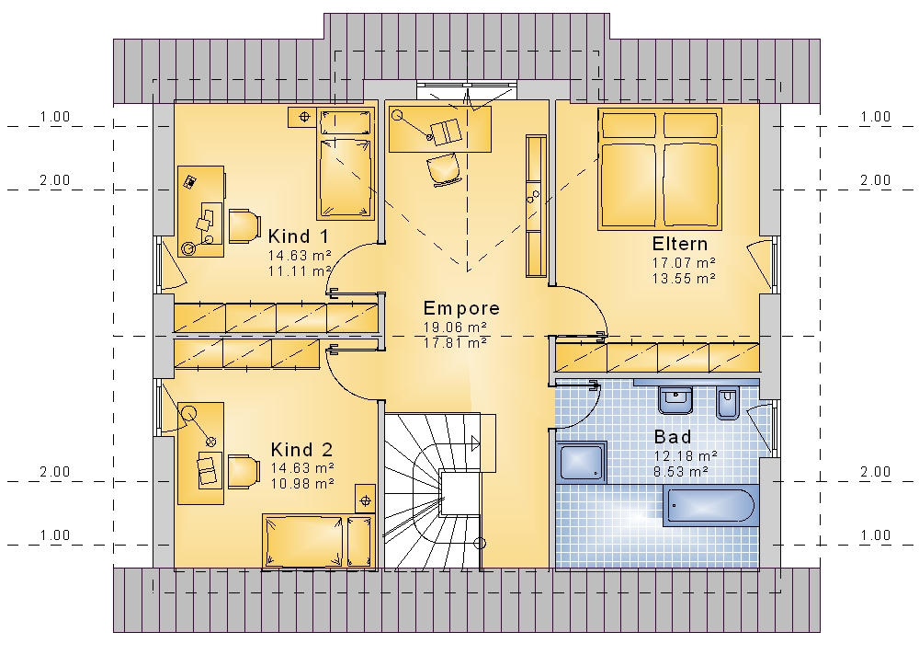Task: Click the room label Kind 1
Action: pyautogui.click(x=299, y=236)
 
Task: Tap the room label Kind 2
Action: pyautogui.click(x=301, y=450)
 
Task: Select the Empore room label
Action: pyautogui.click(x=461, y=308)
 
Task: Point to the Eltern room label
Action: pyautogui.click(x=680, y=244)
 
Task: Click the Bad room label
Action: pyautogui.click(x=673, y=437)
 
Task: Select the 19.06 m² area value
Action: pyautogui.click(x=456, y=327)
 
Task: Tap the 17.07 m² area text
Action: pyautogui.click(x=684, y=263)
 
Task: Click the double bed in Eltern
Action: pyautogui.click(x=659, y=169)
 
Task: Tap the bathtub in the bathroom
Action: pyautogui.click(x=710, y=505)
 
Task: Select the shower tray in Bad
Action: pyautogui.click(x=581, y=462)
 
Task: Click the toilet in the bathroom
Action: pyautogui.click(x=727, y=402)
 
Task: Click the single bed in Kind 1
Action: pyautogui.click(x=346, y=164)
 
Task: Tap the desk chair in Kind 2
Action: pyautogui.click(x=244, y=471)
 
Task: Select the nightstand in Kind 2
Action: pyautogui.click(x=365, y=499)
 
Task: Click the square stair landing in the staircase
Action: pyautogui.click(x=460, y=494)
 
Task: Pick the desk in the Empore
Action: pyautogui.click(x=439, y=130)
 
